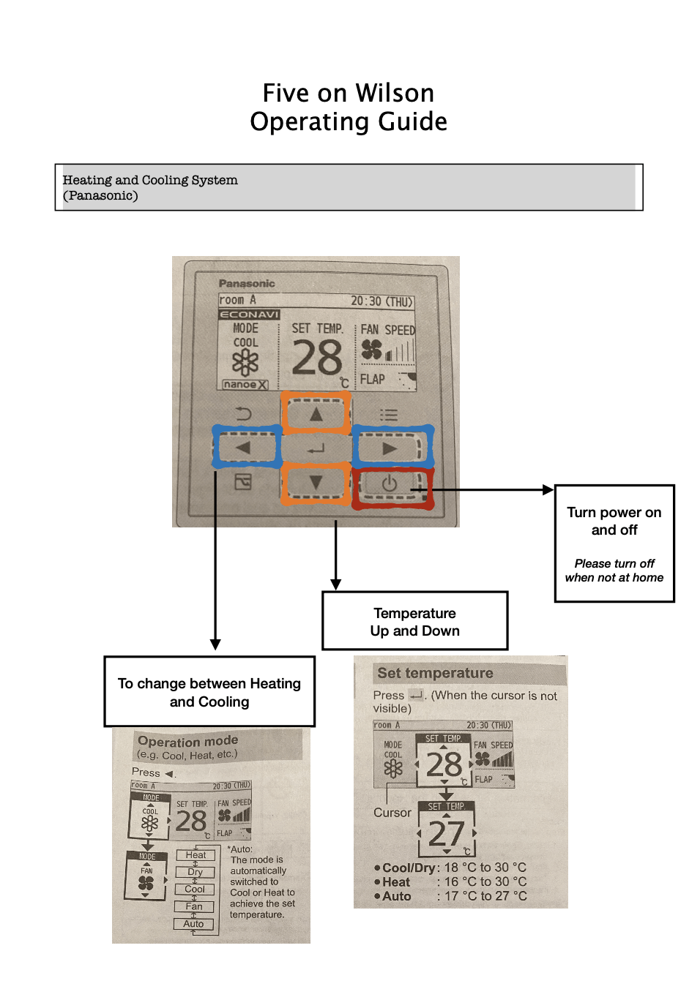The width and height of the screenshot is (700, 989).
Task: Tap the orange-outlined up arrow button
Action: (316, 414)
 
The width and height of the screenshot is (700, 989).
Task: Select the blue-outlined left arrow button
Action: (245, 448)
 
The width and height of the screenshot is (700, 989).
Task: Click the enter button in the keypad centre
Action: (316, 449)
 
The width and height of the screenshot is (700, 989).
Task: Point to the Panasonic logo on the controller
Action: (247, 283)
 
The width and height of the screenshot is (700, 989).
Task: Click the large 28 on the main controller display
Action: (317, 358)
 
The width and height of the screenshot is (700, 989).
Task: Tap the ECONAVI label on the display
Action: (249, 315)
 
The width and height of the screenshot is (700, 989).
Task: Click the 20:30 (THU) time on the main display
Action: (381, 301)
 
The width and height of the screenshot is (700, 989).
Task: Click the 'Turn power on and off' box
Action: (614, 543)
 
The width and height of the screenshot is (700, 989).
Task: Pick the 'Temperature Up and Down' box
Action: (414, 621)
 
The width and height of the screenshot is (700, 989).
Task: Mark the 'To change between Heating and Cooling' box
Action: (209, 691)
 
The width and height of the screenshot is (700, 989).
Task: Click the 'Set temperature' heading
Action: (435, 673)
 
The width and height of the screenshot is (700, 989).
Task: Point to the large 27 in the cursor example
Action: (446, 833)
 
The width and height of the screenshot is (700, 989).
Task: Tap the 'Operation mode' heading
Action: (188, 741)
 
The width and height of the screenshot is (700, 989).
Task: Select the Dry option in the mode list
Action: (195, 872)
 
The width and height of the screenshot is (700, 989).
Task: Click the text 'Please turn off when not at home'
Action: (614, 571)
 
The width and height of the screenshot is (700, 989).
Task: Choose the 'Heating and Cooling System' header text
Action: (150, 180)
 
